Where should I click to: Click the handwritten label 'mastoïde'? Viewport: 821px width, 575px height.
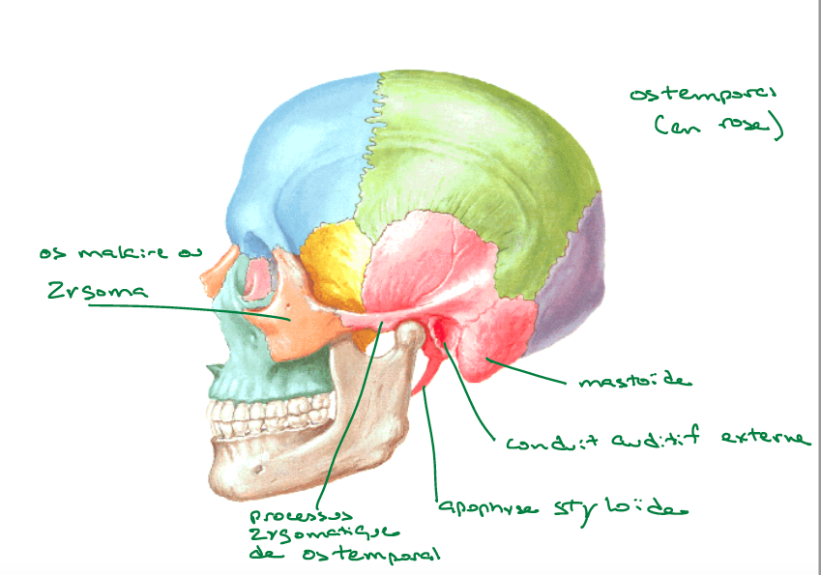click(x=635, y=381)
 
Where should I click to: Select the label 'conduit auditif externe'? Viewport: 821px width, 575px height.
click(x=658, y=441)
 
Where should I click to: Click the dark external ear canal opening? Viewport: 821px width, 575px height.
click(x=440, y=333)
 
